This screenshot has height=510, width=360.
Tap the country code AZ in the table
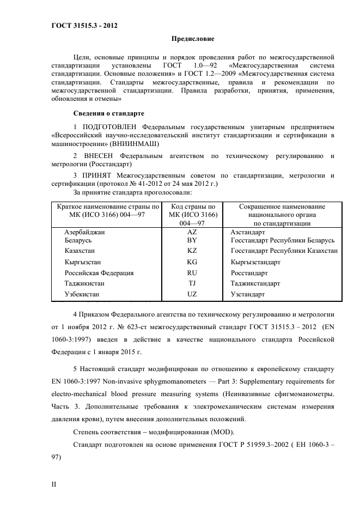point(192,232)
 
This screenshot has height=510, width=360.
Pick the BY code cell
point(192,240)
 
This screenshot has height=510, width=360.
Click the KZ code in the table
point(192,251)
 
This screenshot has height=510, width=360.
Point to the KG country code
point(192,262)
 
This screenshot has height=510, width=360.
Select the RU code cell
point(192,273)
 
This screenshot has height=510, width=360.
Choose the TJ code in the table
point(192,283)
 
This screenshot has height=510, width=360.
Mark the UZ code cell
point(192,294)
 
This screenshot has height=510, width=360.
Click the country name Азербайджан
point(84,232)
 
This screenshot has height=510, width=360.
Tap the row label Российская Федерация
point(99,273)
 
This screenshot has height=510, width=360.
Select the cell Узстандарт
point(248,294)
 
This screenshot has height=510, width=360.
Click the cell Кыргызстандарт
point(255,262)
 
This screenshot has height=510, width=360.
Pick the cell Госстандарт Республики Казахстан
point(284,251)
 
